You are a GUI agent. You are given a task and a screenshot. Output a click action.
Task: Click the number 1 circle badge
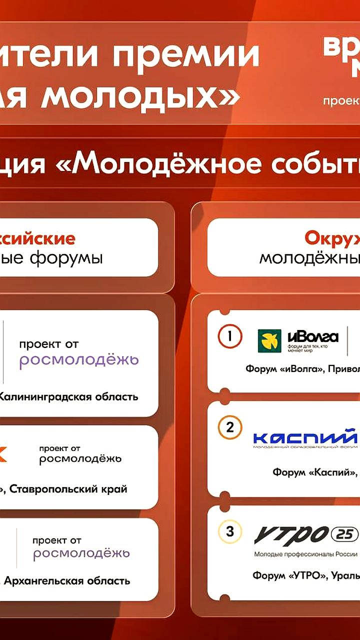pos(229,336)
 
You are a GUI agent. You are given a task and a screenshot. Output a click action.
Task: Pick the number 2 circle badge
pos(230,427)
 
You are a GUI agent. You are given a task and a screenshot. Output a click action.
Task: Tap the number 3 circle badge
pos(230,531)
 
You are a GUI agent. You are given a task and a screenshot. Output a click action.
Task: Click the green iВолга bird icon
pos(269,341)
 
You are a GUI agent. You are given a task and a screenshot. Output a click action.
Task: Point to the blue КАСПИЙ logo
pos(305,438)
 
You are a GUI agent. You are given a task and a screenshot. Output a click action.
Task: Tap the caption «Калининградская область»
pos(68,397)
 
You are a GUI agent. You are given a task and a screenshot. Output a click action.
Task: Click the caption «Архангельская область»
pos(67,580)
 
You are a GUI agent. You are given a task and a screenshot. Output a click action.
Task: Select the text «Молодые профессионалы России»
pos(305,554)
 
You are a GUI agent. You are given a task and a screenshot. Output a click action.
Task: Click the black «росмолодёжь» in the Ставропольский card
pos(80,459)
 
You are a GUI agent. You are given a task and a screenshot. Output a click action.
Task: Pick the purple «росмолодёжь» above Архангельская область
pos(81,553)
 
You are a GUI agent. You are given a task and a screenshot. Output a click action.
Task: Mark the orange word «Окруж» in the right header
pos(332,239)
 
